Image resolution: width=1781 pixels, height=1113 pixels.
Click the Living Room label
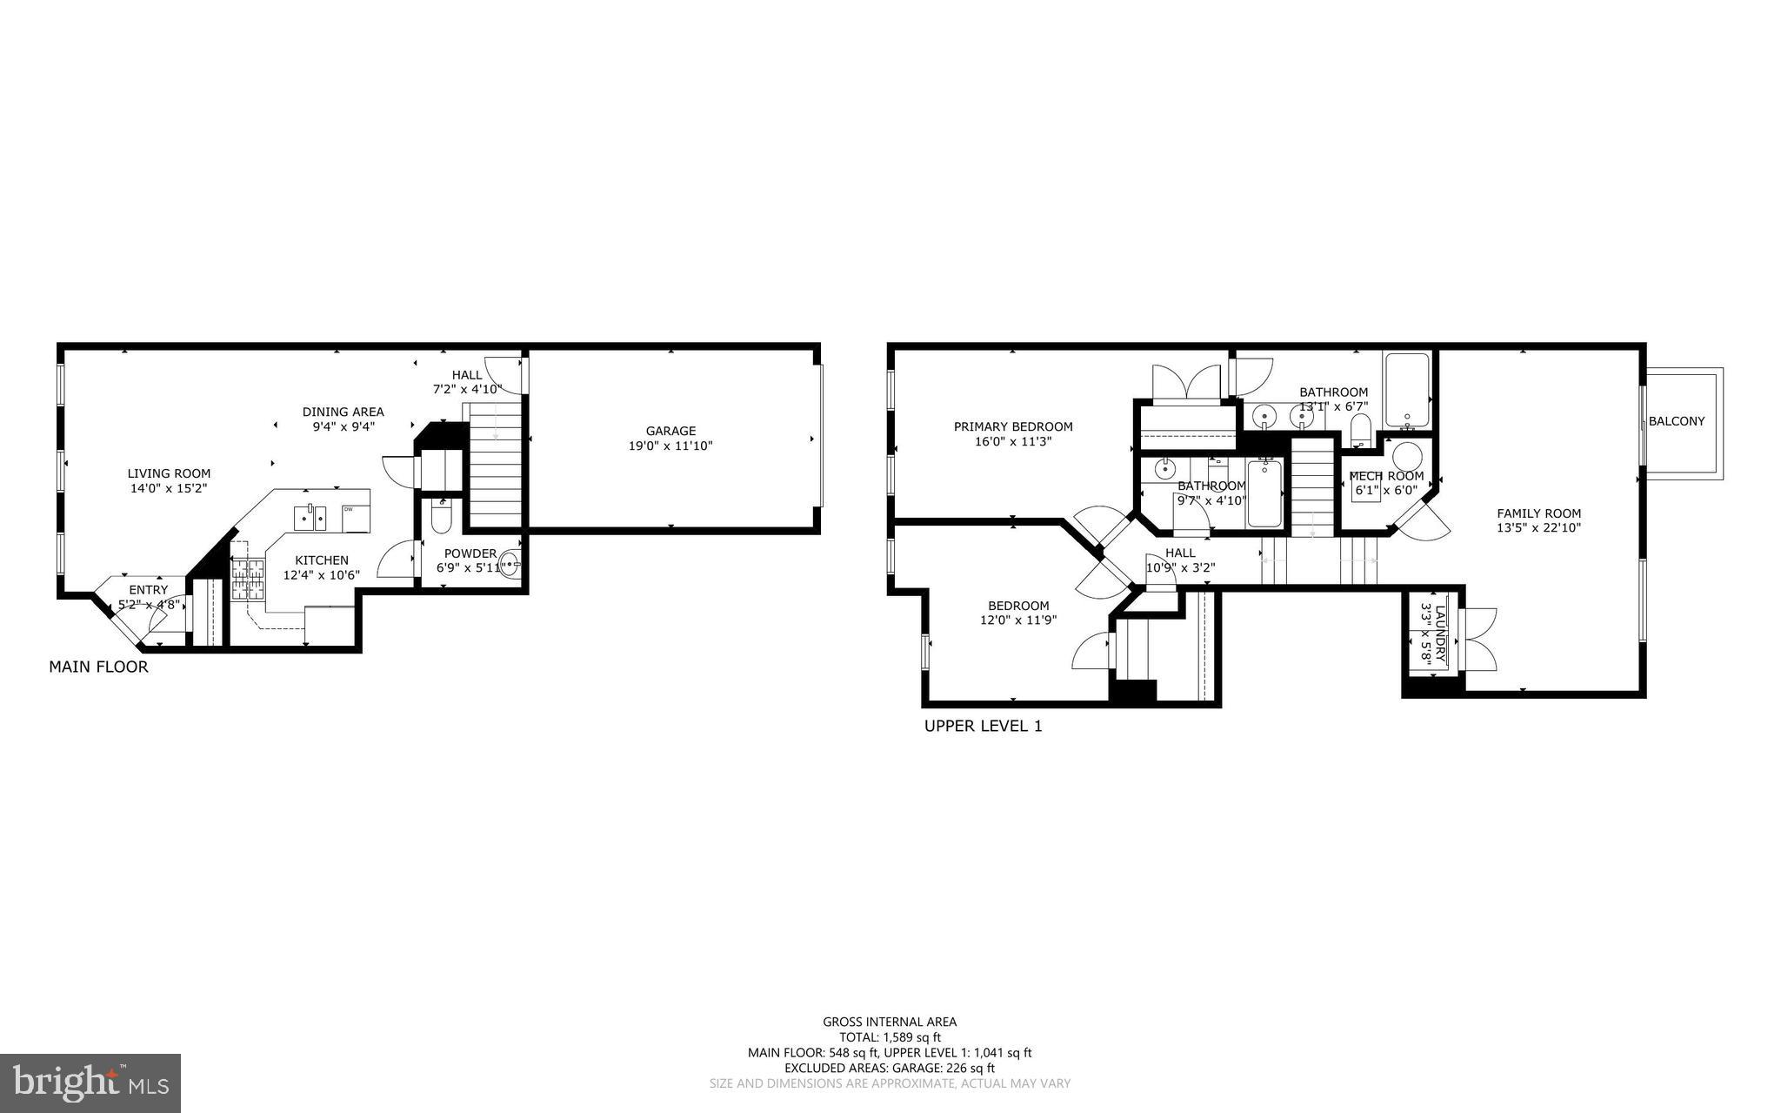[x=169, y=473]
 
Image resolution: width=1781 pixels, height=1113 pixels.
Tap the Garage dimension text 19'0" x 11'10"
[x=670, y=446]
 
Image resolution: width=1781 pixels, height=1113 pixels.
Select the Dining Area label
[x=343, y=412]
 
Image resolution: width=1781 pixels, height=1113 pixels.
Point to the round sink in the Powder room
[x=508, y=565]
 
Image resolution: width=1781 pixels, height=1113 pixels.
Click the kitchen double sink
[x=310, y=517]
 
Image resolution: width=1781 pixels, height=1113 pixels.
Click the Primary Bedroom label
[x=1013, y=426]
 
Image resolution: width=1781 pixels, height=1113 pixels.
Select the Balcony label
[x=1677, y=421]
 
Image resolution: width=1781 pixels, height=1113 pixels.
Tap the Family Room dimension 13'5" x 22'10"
[x=1538, y=527]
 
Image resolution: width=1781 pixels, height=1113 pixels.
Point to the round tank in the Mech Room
[x=1408, y=456]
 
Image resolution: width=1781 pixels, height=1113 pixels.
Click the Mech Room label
[x=1386, y=476]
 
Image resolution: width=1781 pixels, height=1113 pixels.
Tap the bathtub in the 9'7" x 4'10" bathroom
[x=1264, y=494]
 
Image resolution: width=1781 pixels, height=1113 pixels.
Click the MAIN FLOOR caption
[x=98, y=667]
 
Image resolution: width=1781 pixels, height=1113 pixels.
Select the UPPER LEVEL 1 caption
[x=983, y=726]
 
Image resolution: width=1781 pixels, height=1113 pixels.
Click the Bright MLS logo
[x=90, y=1083]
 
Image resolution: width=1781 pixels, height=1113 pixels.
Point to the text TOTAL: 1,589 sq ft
[x=890, y=1037]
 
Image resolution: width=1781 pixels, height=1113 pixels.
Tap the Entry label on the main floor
[x=148, y=590]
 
